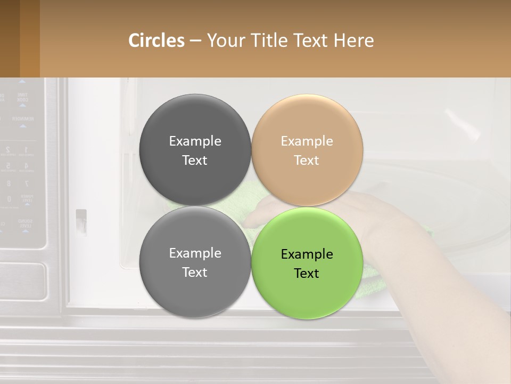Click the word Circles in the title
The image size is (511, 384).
(156, 41)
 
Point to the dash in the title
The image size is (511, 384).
(195, 41)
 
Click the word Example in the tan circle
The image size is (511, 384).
(307, 141)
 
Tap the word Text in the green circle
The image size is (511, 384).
(306, 274)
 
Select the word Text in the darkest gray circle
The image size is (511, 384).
(195, 161)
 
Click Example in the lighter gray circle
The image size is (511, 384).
(195, 253)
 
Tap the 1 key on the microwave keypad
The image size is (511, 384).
(26, 151)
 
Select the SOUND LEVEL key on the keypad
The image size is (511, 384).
(24, 223)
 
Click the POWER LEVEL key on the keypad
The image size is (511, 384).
(26, 199)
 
